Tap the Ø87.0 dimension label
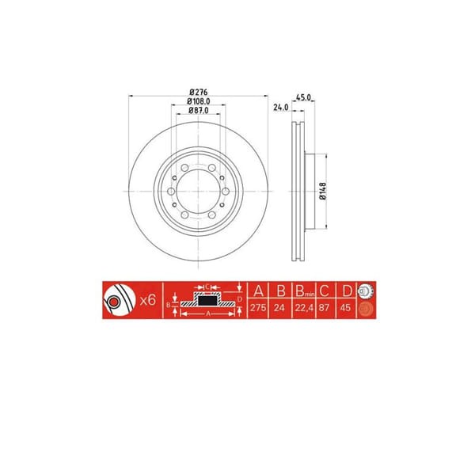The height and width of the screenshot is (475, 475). coord(199,112)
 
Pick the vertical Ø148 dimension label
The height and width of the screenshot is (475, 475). coord(324,192)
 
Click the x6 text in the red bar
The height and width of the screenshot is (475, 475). coord(146,302)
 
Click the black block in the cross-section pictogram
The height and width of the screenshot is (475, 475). coord(207,298)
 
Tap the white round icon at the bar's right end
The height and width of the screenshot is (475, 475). coord(367,291)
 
